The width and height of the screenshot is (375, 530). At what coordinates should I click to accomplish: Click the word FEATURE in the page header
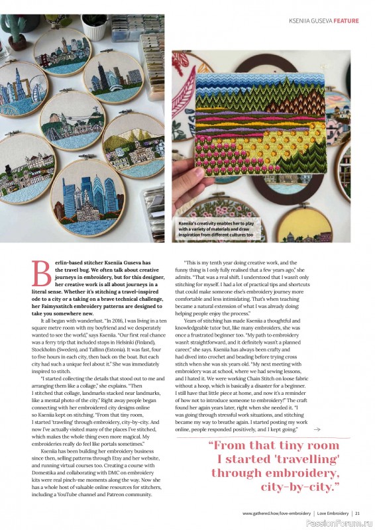(x=346, y=21)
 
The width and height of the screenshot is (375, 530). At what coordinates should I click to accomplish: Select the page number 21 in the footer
(x=357, y=513)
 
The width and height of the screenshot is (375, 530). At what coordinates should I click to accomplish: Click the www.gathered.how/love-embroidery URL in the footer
(x=277, y=513)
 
